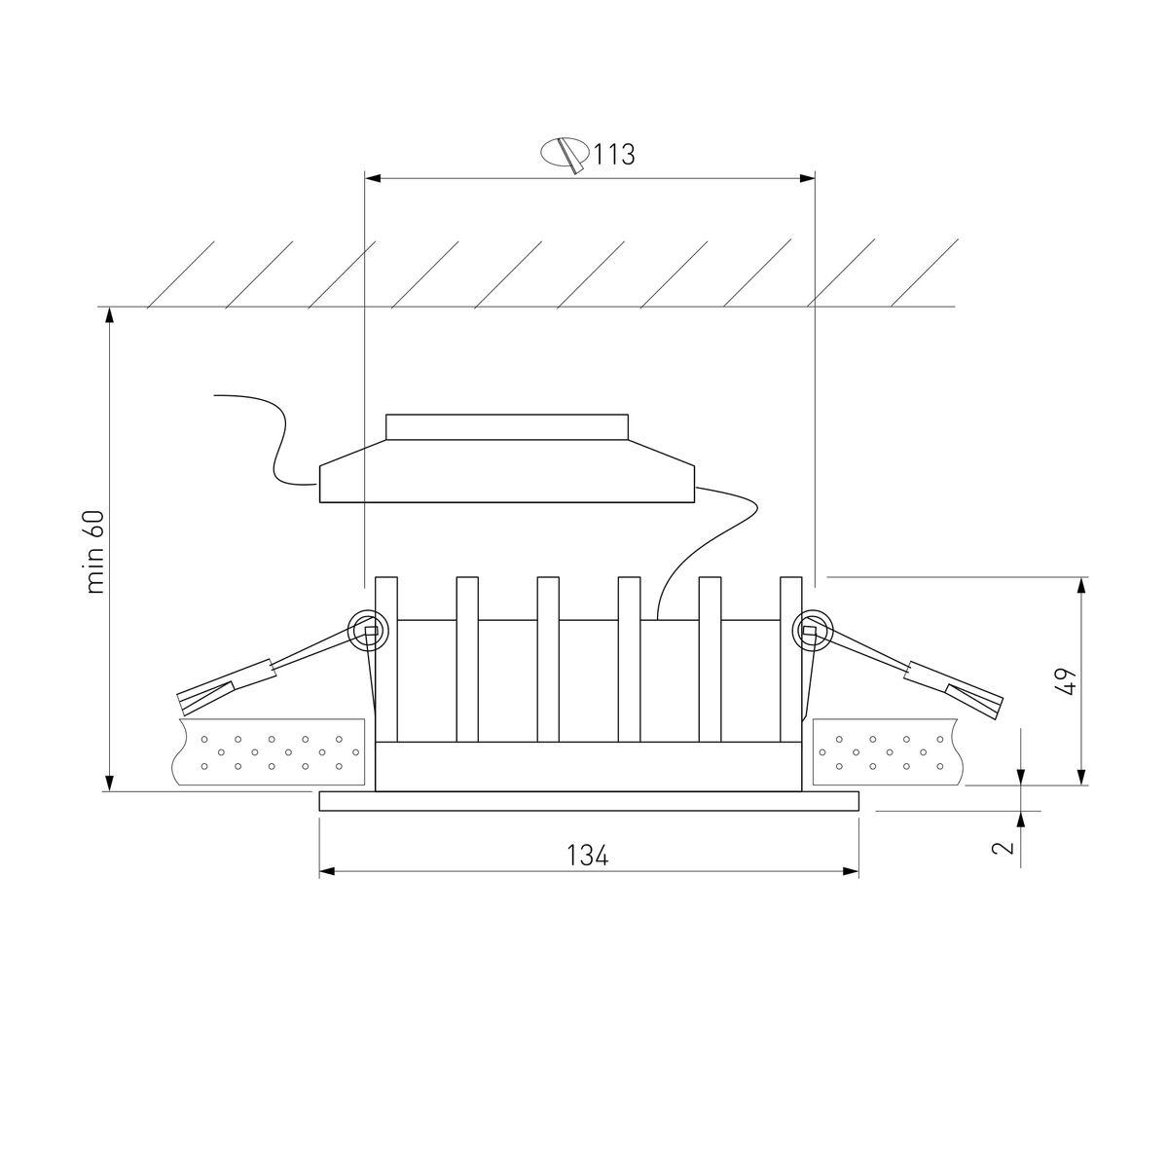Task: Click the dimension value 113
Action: pos(614,154)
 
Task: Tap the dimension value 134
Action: pos(587,856)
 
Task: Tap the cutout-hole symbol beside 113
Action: pos(565,155)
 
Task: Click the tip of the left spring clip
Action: pos(182,704)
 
